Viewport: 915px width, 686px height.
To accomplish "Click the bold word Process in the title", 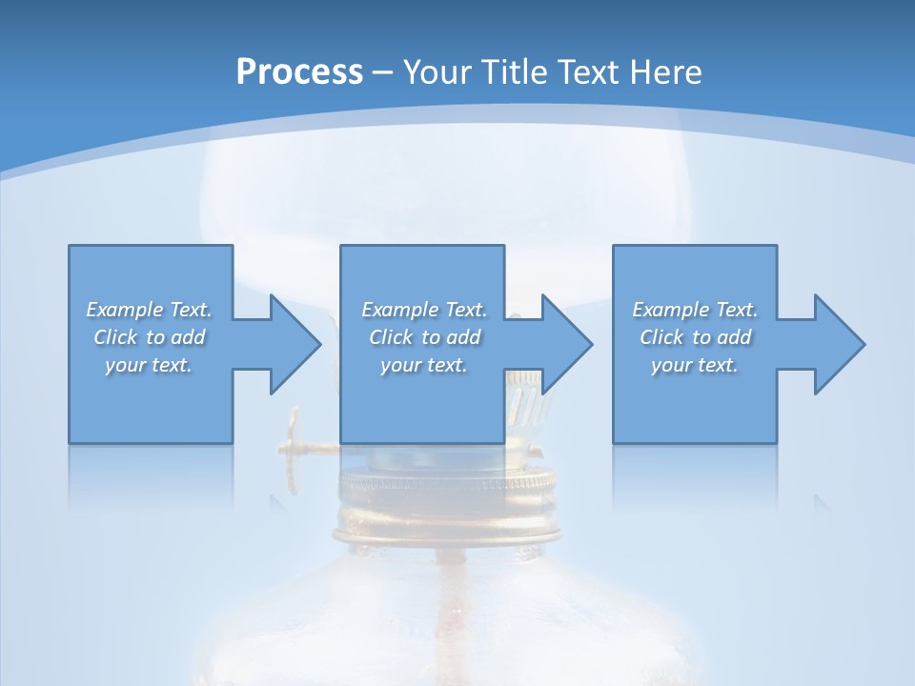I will tap(299, 72).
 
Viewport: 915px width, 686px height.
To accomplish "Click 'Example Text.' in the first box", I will tap(149, 310).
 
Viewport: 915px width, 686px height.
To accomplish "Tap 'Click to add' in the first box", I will tap(149, 337).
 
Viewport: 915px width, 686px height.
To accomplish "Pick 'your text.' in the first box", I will tap(149, 365).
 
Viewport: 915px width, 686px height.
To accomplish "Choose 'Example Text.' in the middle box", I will tap(424, 310).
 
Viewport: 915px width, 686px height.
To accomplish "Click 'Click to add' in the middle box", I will tap(424, 337).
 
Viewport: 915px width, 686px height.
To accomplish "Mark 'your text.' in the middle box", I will tap(424, 365).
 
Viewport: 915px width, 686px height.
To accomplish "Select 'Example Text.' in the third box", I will tap(695, 310).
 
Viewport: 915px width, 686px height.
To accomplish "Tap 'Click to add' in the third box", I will tap(695, 337).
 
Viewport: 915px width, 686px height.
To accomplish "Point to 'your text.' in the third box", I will tap(695, 365).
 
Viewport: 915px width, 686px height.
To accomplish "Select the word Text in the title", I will tap(586, 72).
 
